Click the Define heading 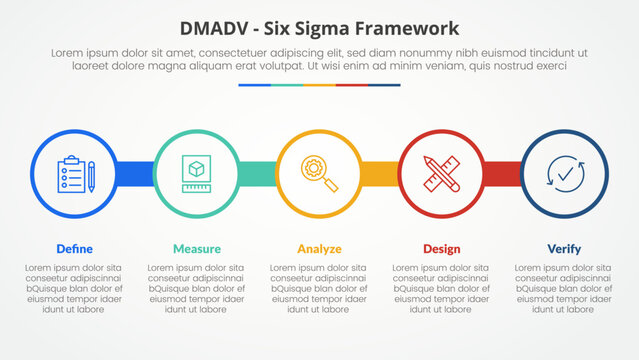point(75,248)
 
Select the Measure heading point(197,248)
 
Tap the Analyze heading point(319,248)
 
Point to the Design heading point(441,248)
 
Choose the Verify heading point(564,248)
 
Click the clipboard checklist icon point(76,174)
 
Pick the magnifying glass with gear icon point(320,174)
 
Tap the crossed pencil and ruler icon point(442,174)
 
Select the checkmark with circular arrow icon point(564,174)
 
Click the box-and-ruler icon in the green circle point(197,174)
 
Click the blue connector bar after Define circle point(136,174)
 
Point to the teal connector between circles point(258,174)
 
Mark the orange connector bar point(380,174)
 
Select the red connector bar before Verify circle point(503,174)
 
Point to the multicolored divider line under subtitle point(319,85)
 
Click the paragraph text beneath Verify point(564,289)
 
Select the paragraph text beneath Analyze point(319,289)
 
